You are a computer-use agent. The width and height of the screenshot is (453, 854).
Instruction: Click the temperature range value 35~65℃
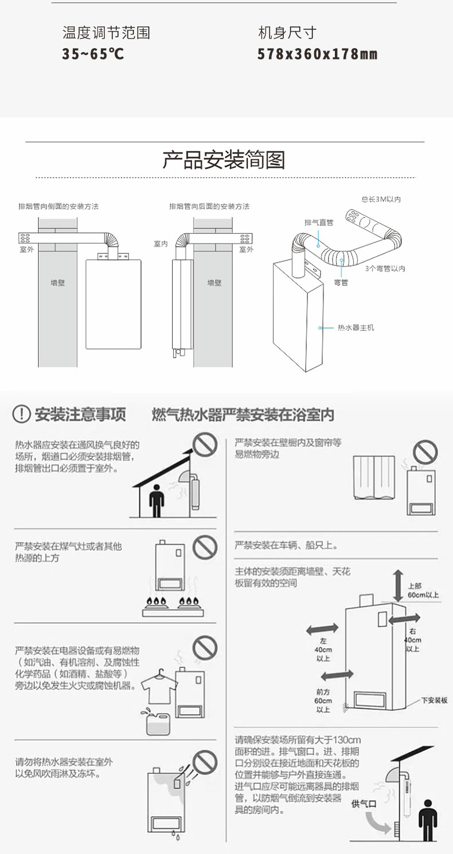click(93, 54)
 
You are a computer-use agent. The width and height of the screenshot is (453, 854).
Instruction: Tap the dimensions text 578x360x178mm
click(317, 54)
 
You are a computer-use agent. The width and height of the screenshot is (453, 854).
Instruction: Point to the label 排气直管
click(319, 222)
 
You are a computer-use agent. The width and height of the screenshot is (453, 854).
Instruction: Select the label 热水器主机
click(356, 328)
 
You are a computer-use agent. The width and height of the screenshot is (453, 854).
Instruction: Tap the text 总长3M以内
click(381, 199)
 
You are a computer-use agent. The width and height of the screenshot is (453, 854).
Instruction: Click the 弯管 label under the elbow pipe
click(341, 282)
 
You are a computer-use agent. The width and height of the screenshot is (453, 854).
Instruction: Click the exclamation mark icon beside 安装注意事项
click(21, 414)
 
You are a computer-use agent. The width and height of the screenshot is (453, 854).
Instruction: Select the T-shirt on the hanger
click(157, 686)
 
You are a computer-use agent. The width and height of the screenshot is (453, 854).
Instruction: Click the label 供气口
click(364, 804)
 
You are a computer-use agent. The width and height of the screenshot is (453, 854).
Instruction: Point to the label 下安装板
click(434, 700)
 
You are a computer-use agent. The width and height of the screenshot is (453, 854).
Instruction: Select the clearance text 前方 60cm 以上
click(323, 700)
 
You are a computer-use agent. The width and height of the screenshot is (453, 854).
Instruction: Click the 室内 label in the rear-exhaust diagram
click(161, 244)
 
